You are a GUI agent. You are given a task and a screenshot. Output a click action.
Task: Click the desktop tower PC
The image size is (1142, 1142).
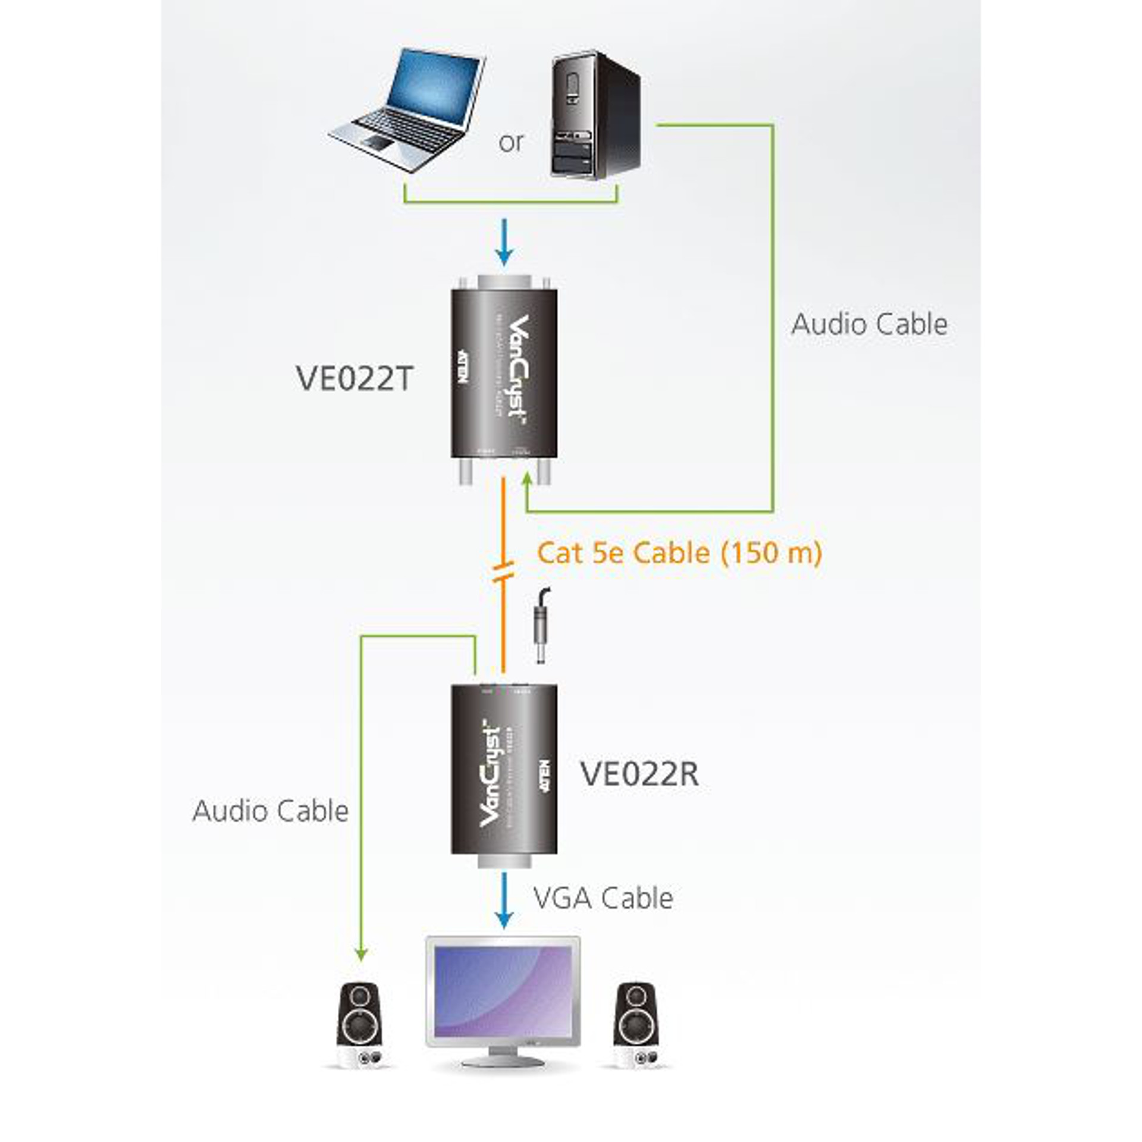[595, 116]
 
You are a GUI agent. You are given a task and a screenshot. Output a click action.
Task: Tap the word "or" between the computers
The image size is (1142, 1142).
[511, 143]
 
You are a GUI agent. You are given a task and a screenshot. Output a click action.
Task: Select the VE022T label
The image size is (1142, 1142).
[354, 378]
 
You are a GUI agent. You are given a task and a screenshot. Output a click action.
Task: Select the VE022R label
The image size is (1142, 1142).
[639, 774]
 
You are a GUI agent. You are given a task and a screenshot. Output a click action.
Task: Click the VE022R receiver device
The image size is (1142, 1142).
[504, 770]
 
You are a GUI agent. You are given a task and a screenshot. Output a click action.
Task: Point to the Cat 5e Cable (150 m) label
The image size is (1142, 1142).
[679, 553]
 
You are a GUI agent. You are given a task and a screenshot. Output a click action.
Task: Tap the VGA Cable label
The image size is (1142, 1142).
[603, 898]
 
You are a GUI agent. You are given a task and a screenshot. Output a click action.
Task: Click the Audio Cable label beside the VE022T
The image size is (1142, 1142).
[869, 325]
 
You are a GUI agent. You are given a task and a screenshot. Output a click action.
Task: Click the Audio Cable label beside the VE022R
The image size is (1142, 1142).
[270, 811]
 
